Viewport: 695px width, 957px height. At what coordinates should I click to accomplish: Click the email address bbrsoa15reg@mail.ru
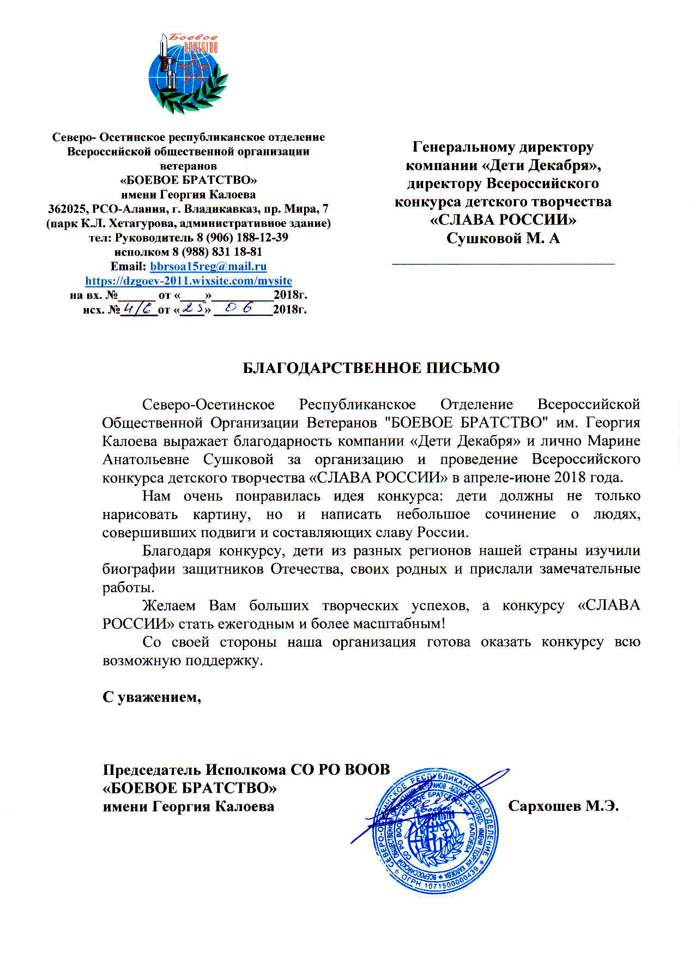[x=208, y=267]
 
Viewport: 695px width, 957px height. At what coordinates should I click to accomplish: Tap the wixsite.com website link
[x=189, y=281]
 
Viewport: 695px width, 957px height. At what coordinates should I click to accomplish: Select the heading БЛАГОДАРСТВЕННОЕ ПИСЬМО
[x=371, y=368]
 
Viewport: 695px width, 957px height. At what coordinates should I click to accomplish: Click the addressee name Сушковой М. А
[x=503, y=238]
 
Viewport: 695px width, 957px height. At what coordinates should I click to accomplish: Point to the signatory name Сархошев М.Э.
[x=563, y=806]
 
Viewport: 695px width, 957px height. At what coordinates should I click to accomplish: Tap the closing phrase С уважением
[x=152, y=696]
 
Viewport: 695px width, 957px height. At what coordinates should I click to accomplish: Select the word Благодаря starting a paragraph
[x=177, y=551]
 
